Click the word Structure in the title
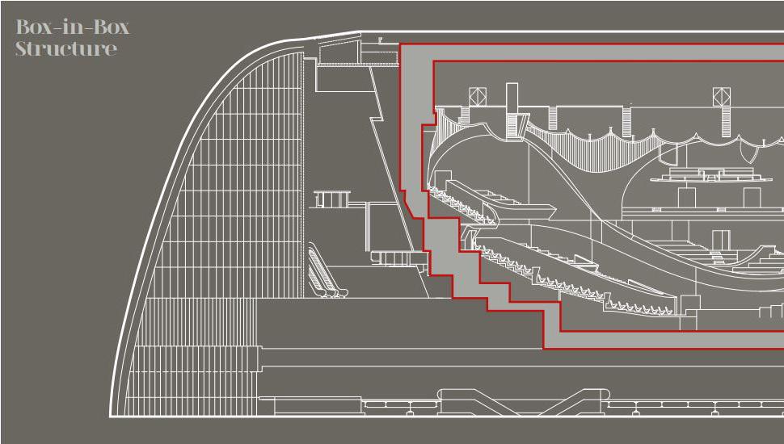(x=66, y=48)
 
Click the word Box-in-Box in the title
(x=73, y=27)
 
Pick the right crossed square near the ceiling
(x=721, y=97)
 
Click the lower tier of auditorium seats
(x=582, y=283)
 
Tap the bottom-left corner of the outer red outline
(x=543, y=349)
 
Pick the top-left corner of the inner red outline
(x=434, y=61)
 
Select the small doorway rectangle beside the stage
(x=720, y=240)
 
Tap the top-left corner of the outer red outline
(x=400, y=44)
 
